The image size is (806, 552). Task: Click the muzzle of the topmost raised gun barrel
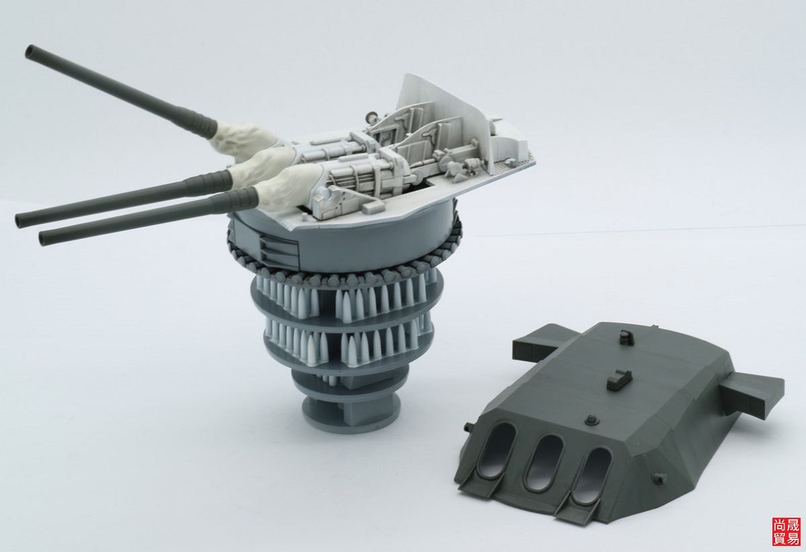[30, 51]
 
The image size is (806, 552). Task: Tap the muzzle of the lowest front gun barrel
[44, 238]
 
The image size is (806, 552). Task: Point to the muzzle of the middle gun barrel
[21, 220]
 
